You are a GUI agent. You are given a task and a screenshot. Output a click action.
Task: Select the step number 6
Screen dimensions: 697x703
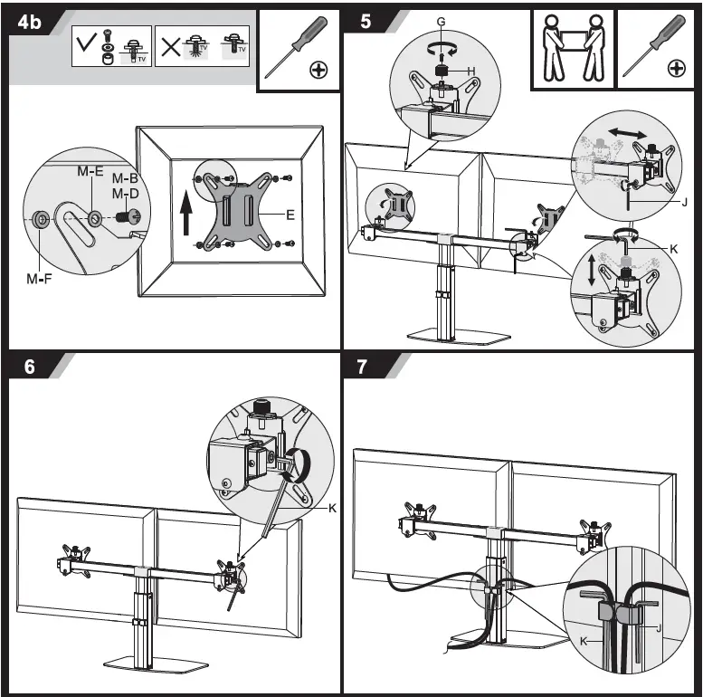(x=30, y=368)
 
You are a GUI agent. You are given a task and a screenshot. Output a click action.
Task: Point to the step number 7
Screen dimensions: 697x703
(x=364, y=368)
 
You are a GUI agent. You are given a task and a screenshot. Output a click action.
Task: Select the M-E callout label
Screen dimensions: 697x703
(x=90, y=172)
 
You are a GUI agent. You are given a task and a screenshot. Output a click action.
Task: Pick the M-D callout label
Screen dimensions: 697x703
(x=125, y=194)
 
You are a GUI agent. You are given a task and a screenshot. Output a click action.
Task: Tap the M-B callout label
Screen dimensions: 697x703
(x=125, y=179)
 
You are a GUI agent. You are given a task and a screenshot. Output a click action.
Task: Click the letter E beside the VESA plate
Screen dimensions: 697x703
(x=290, y=215)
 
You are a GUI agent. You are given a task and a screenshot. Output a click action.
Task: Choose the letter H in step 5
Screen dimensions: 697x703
(x=471, y=71)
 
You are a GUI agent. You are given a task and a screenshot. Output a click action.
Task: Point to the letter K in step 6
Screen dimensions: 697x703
(x=332, y=509)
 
